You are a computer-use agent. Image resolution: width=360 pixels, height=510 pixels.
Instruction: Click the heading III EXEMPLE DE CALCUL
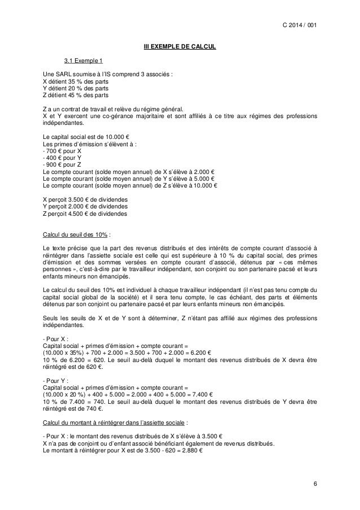point(179,46)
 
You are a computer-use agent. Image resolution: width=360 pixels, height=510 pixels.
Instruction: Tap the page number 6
point(314,485)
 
